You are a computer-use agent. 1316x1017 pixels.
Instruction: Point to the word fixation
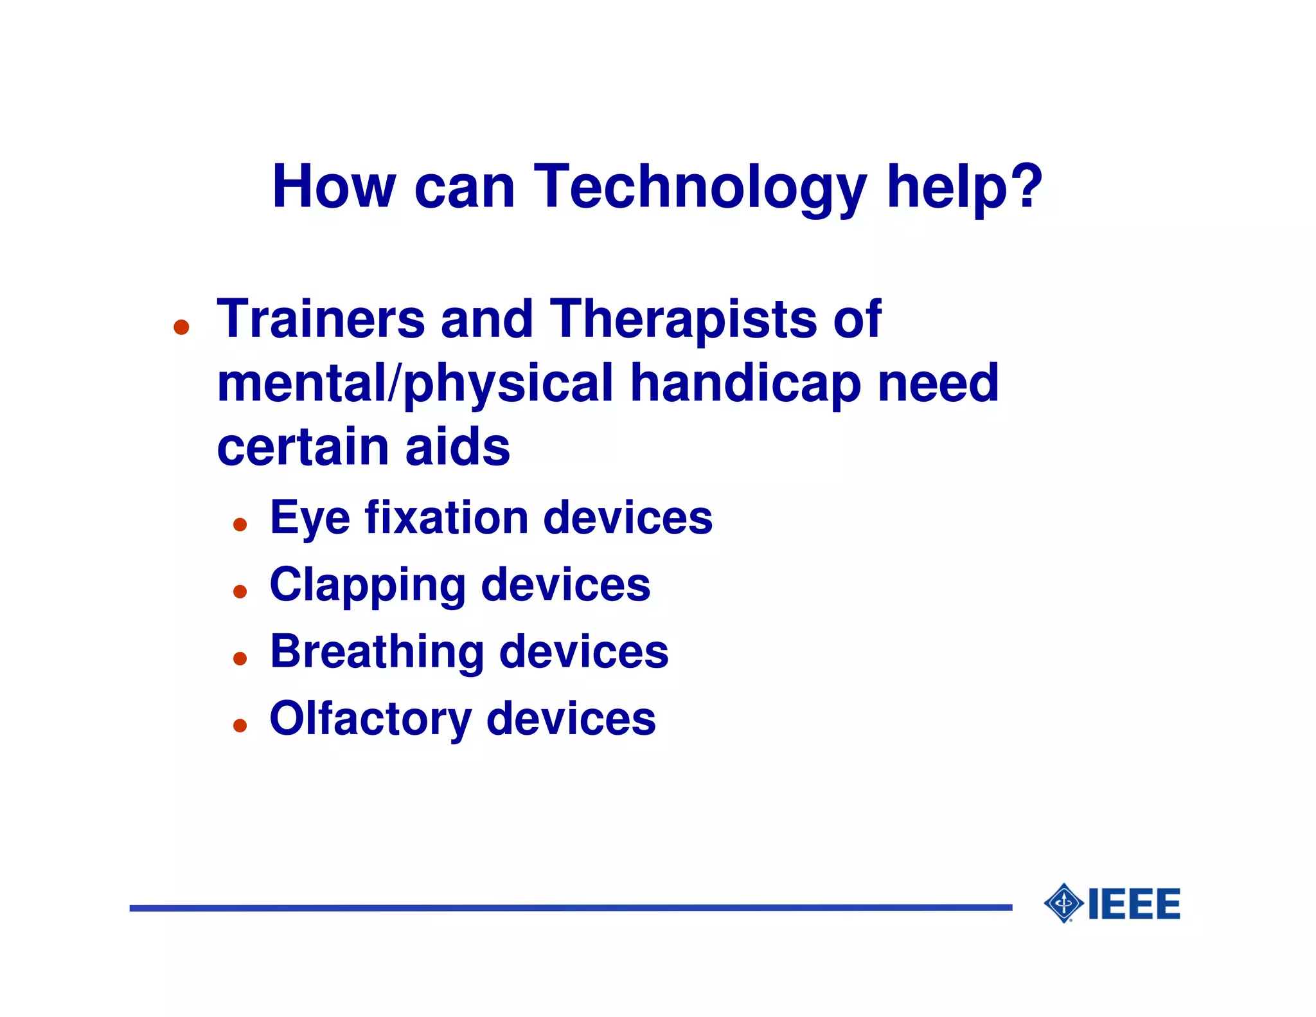[x=447, y=518]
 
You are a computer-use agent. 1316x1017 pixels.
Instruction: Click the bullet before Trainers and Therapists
[x=182, y=327]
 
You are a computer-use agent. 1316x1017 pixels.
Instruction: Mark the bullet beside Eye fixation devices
[x=240, y=525]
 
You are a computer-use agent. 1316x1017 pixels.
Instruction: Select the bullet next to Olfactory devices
[x=240, y=726]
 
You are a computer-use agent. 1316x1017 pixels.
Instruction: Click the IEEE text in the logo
[x=1134, y=904]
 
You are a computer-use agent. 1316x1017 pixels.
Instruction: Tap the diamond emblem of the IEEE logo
[x=1064, y=903]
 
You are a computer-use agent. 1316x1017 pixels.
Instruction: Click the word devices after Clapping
[x=565, y=586]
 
